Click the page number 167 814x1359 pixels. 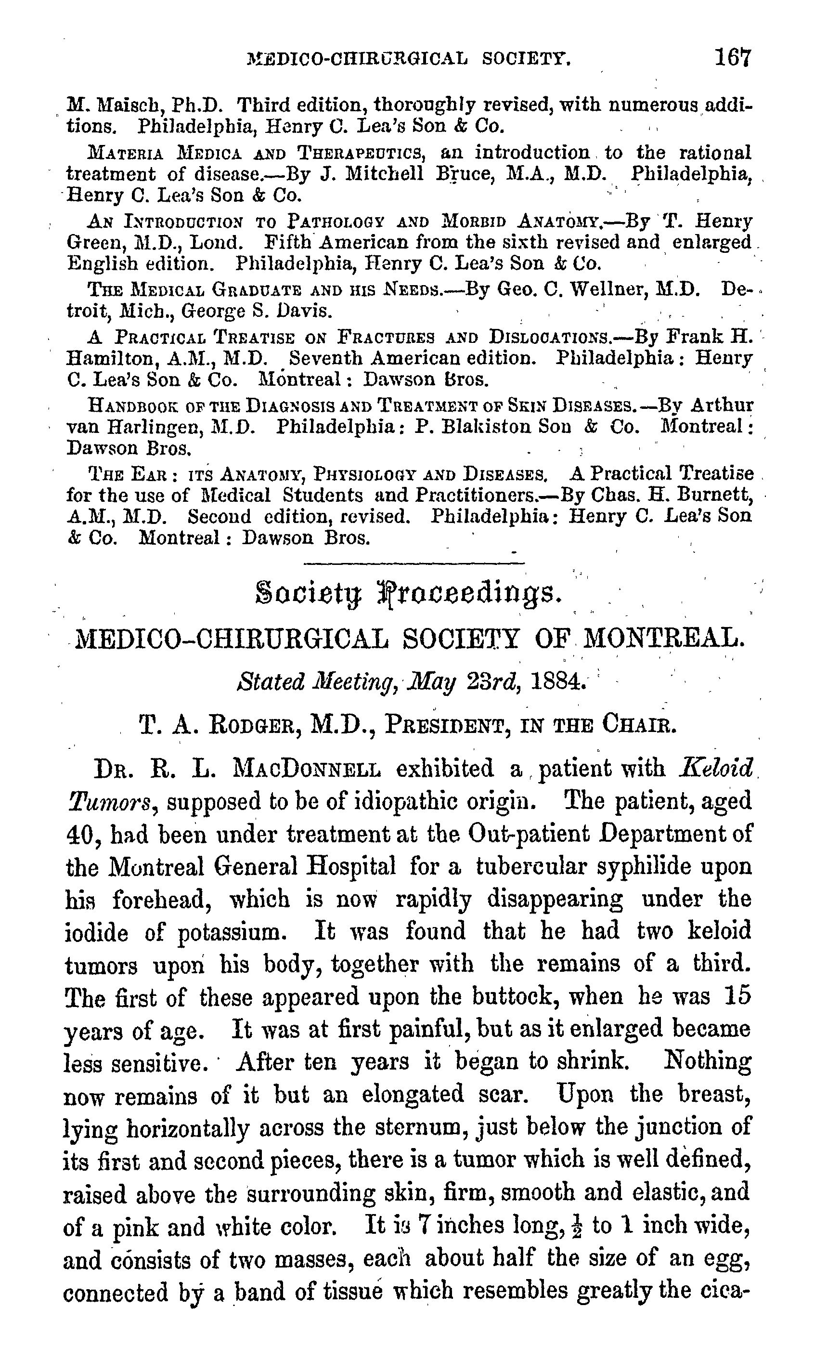tap(732, 57)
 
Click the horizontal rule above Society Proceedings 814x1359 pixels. tap(413, 563)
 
